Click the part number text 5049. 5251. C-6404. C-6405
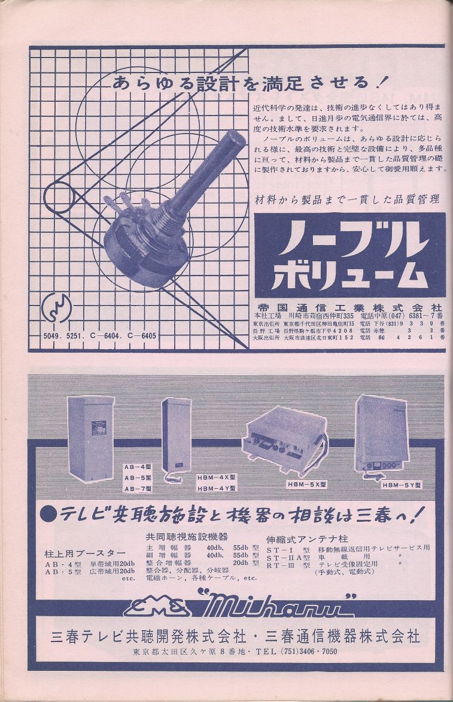(100, 336)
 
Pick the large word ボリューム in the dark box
(349, 275)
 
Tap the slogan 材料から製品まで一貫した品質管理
(347, 198)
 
